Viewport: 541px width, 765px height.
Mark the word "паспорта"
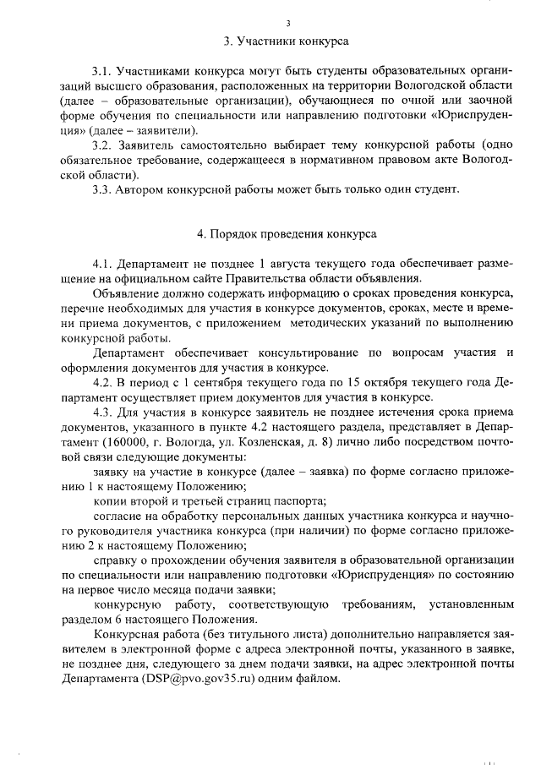(x=296, y=500)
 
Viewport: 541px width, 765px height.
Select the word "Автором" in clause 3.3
(x=139, y=189)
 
